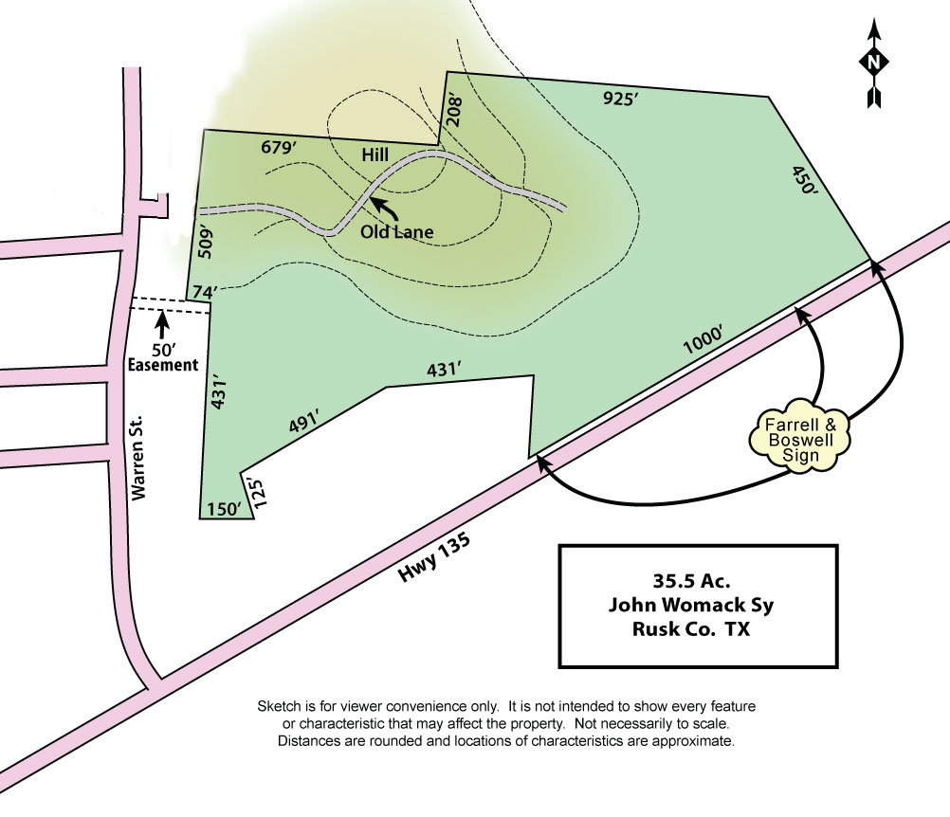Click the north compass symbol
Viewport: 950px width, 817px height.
coord(873,64)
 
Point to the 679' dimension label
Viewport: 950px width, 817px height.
coord(279,148)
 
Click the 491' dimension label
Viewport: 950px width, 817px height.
coord(302,423)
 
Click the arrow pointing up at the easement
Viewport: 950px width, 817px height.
coord(162,324)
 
